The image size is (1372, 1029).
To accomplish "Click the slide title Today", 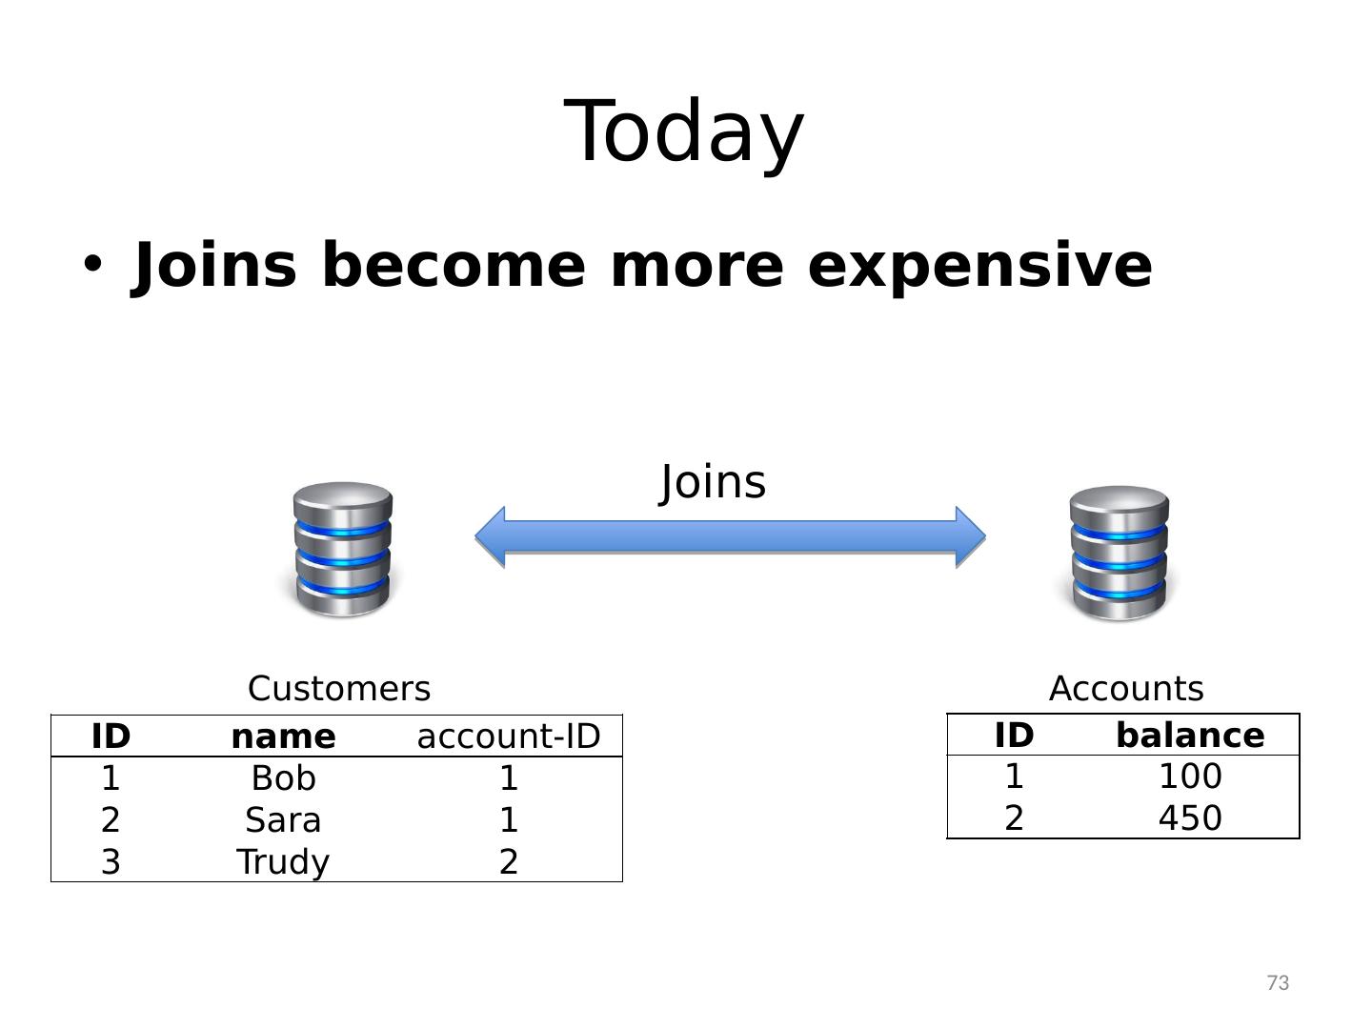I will point(684,131).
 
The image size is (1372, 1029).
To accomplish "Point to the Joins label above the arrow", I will point(713,482).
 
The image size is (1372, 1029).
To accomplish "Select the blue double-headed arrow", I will point(730,536).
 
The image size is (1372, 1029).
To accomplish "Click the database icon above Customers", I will point(343,549).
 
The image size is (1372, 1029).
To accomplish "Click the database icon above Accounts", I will point(1120,553).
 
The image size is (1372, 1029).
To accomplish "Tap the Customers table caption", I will point(339,688).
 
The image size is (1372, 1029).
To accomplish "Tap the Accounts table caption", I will point(1126,688).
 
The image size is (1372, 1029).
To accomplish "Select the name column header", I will point(283,736).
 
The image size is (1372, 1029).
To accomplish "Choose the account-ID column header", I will point(509,736).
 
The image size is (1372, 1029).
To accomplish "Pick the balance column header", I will point(1190,736).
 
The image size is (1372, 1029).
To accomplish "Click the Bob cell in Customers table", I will point(283,778).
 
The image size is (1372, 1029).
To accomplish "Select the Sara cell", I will point(283,820).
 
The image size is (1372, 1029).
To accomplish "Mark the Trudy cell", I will point(283,861).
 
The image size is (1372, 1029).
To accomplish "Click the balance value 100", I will point(1190,777).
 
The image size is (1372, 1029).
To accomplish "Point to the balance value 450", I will point(1190,818).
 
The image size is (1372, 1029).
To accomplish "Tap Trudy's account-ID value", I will point(509,861).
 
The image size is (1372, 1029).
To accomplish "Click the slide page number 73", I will point(1278,982).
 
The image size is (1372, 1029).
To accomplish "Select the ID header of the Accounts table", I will point(1014,736).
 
